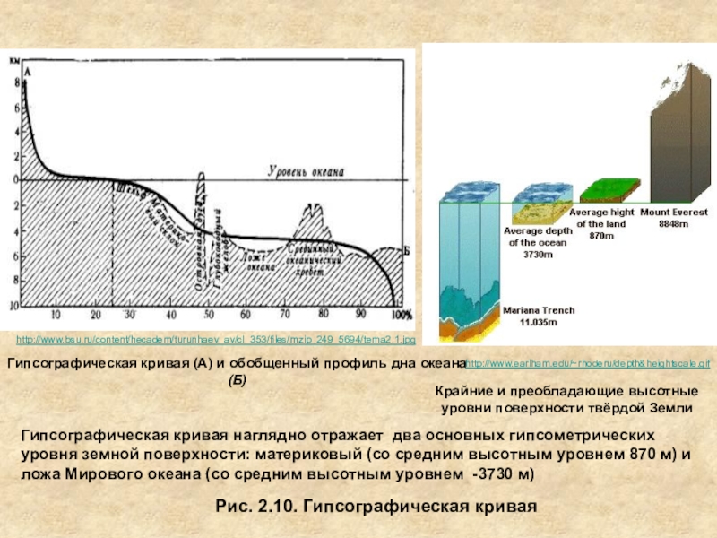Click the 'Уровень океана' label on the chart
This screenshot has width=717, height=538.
pyautogui.click(x=305, y=170)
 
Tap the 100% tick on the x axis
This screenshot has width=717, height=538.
pyautogui.click(x=401, y=315)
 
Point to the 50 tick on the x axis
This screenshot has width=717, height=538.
pyautogui.click(x=209, y=315)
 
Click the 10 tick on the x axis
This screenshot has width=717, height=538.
pyautogui.click(x=56, y=315)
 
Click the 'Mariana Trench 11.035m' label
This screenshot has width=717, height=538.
pyautogui.click(x=539, y=315)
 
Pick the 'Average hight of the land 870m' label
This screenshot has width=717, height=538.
pyautogui.click(x=603, y=223)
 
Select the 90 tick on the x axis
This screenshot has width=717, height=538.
pyautogui.click(x=360, y=315)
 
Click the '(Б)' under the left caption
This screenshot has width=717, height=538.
pyautogui.click(x=237, y=380)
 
